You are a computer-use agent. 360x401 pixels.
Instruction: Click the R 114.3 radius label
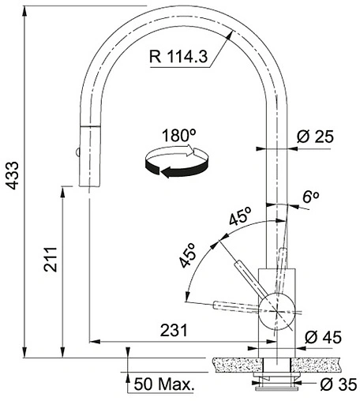tap(178, 56)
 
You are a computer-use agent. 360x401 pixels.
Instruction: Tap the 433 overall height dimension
tap(13, 175)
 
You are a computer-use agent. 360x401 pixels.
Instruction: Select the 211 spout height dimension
tap(51, 260)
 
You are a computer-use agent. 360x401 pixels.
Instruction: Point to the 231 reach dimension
tap(174, 330)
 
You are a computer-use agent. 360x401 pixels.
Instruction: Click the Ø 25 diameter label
tap(315, 137)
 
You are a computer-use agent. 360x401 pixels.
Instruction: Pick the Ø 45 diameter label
tap(324, 337)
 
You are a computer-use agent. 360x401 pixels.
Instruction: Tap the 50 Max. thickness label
tap(164, 384)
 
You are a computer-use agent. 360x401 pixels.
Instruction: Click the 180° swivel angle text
tap(178, 136)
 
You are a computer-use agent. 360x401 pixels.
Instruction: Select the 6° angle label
tap(311, 197)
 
